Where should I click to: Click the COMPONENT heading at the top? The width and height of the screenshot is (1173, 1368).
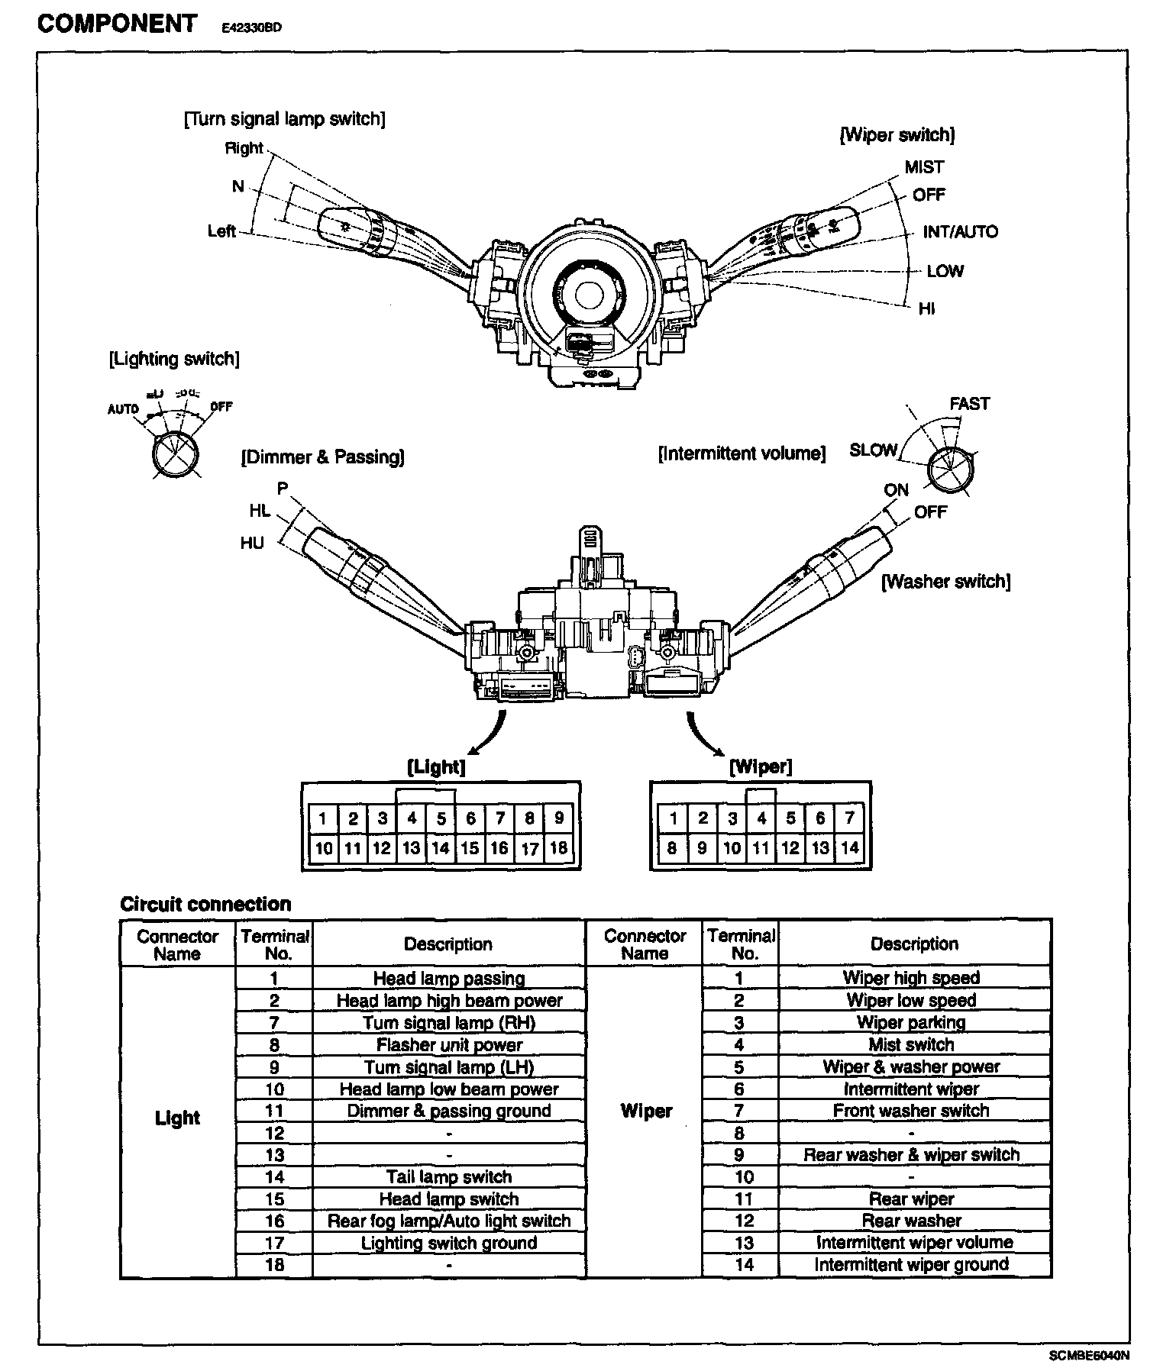pos(117,24)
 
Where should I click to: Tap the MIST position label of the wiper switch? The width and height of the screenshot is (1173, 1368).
pos(924,167)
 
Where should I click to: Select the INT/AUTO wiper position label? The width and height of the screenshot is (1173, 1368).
pos(960,232)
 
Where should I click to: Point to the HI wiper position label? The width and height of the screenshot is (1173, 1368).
pos(927,308)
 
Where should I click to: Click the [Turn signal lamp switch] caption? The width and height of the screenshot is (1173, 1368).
pos(284,119)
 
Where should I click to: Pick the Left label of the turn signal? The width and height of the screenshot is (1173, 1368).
pos(221,231)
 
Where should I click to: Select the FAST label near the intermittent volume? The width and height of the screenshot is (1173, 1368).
pos(969,404)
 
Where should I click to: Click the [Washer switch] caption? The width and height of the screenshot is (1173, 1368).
pos(945,582)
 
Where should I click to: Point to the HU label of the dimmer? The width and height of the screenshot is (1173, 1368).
pos(252,544)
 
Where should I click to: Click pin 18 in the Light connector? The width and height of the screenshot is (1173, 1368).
pos(558,847)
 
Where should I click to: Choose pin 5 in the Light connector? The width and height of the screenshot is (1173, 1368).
pos(441,819)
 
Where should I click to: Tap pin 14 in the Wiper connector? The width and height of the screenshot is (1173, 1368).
pos(849,847)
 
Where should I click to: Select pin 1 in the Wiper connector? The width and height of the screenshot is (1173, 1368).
pos(673,819)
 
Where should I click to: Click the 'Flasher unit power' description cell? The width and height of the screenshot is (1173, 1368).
pos(449,1045)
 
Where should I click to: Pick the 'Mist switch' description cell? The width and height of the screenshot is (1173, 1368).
pos(911,1044)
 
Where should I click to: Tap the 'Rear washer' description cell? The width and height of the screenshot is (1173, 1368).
pos(911,1221)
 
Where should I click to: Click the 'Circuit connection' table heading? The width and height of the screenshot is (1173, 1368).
pos(205,905)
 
